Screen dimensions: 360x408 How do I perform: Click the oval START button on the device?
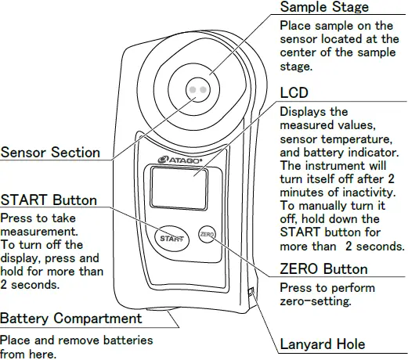(x=167, y=237)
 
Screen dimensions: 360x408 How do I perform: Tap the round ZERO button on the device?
(x=207, y=234)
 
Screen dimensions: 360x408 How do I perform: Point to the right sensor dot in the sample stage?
(x=203, y=90)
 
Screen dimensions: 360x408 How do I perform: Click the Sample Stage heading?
(x=324, y=8)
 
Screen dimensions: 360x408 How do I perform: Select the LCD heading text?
(x=294, y=93)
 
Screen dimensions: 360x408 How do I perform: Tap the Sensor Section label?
(x=50, y=153)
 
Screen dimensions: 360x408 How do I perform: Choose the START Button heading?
(x=49, y=200)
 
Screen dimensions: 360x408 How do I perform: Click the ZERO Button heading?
(x=323, y=270)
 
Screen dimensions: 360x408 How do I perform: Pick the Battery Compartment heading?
(x=71, y=319)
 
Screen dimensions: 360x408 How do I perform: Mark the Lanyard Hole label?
(x=323, y=344)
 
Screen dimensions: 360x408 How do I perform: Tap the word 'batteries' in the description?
(x=128, y=340)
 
